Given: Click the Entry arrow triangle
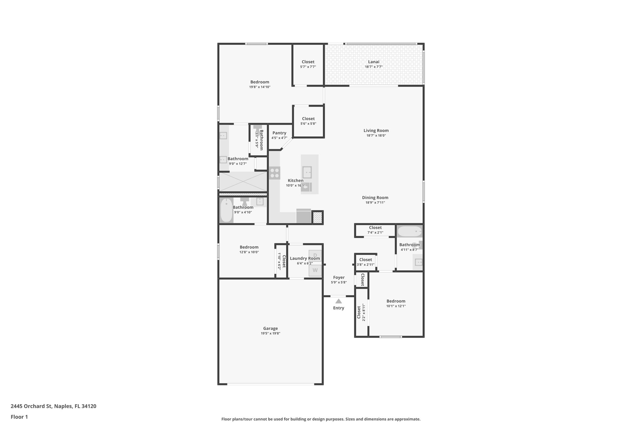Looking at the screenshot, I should pos(339,301).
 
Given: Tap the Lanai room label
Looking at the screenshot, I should pos(374,62).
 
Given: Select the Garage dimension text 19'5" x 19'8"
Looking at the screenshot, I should pos(270,333).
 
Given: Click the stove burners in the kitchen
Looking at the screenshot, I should pos(275,173).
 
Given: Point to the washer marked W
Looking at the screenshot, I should pos(315,270).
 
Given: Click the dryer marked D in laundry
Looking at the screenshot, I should pos(315,255).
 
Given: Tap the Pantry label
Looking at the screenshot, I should pos(279,133).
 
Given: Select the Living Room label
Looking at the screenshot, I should pos(376,130).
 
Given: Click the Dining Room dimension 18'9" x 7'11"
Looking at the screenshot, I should pos(375,203).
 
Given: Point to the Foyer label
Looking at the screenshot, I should pos(339,277).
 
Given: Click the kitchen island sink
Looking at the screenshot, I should pos(307,172).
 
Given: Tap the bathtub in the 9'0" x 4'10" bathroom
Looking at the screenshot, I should pos(226,210).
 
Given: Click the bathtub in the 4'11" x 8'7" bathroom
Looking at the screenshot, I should pos(409,232).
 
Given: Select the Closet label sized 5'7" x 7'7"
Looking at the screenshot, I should pos(308,62).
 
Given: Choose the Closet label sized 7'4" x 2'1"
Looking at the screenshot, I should pos(375,228).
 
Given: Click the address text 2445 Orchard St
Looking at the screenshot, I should pos(53,406).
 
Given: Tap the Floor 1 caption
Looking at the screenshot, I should pos(19,417).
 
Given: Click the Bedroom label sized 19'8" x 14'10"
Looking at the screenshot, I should pos(260,82).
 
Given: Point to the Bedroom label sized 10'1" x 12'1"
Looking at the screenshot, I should pos(396,301).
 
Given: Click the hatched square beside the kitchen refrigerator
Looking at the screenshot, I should pos(317,217).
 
